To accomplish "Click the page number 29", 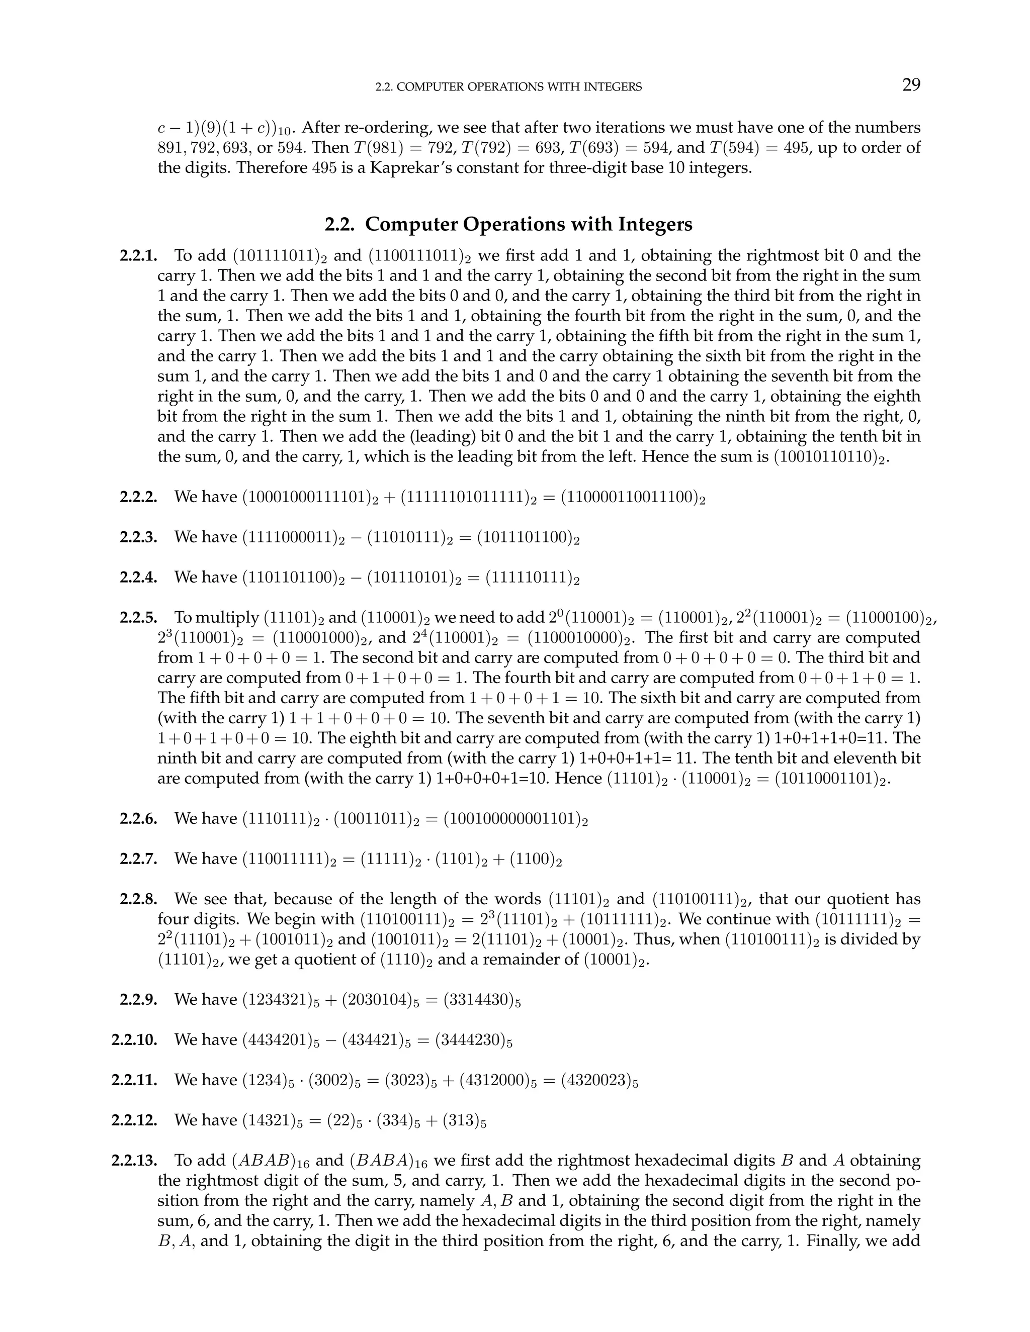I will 910,85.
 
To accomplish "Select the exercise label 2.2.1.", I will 138,255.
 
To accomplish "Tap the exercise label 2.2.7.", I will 138,859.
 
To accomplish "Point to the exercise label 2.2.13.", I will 134,1161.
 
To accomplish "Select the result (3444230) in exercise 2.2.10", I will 473,1040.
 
